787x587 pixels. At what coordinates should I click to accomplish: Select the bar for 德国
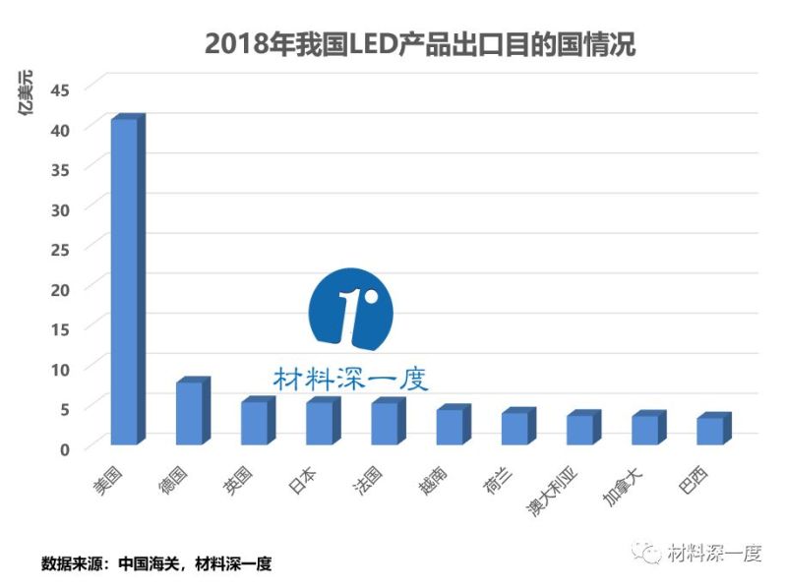(x=189, y=413)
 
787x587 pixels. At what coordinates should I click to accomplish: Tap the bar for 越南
(x=450, y=427)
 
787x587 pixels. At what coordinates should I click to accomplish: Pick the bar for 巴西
(x=710, y=431)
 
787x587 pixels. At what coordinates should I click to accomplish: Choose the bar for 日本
(x=319, y=423)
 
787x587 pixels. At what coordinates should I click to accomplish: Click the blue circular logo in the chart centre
(x=350, y=307)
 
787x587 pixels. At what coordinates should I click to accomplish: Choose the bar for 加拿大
(x=645, y=430)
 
